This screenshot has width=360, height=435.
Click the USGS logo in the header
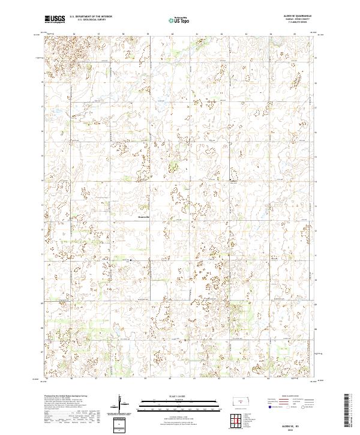55,20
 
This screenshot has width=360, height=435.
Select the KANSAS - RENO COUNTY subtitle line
303,20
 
